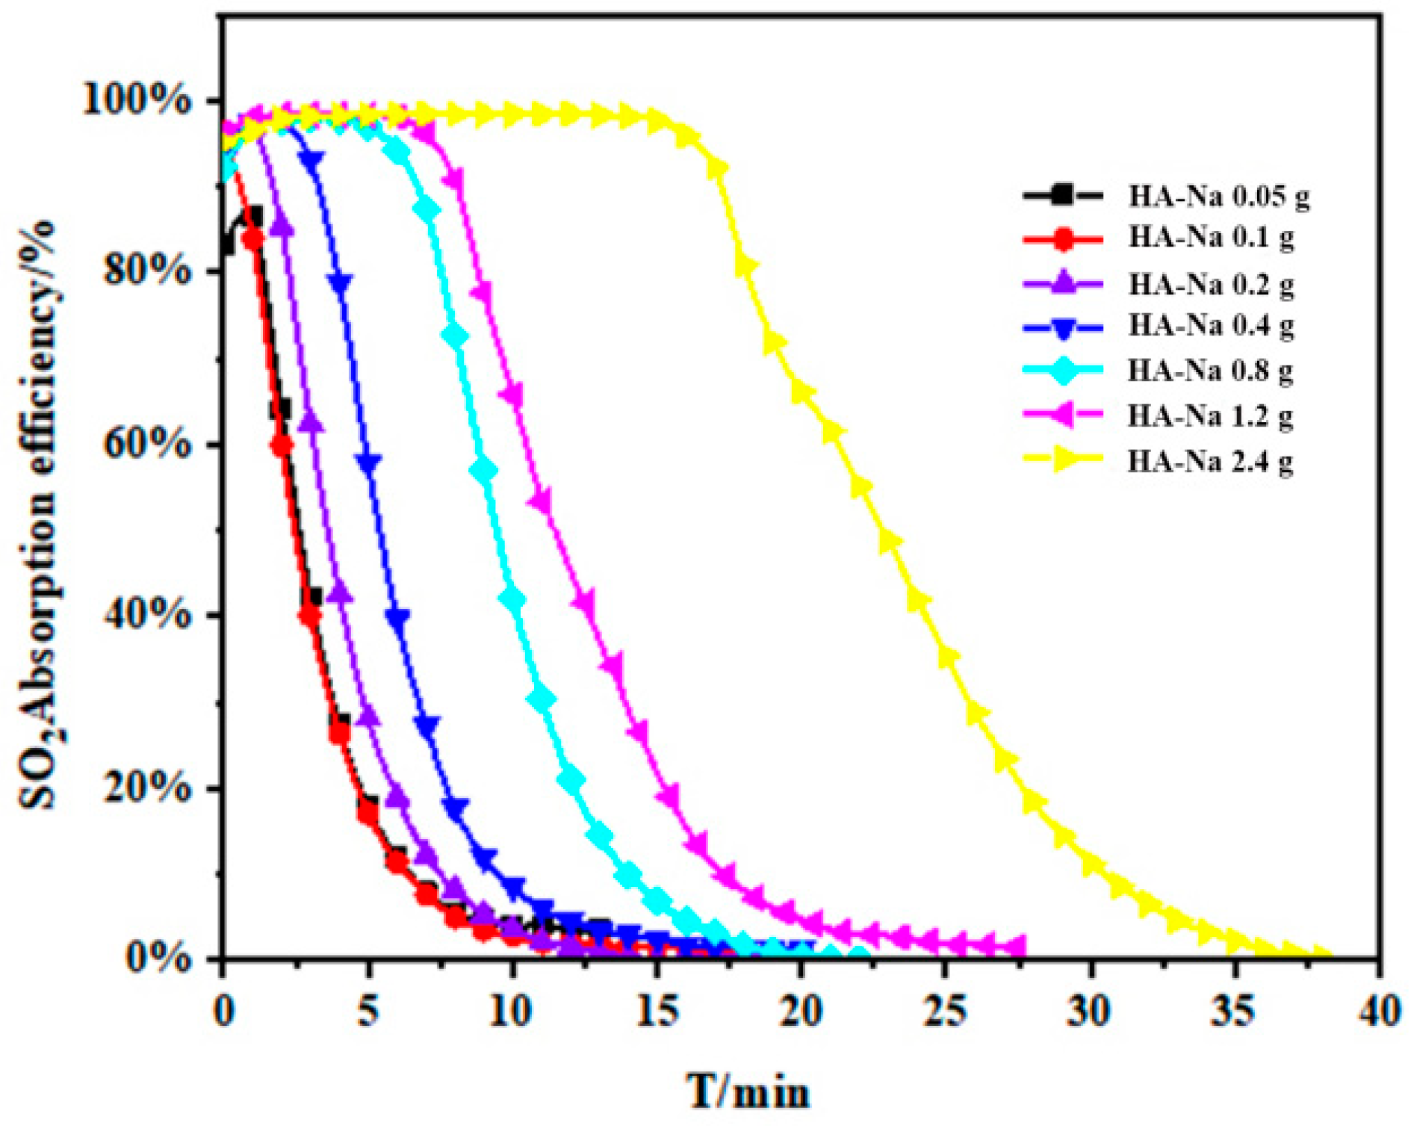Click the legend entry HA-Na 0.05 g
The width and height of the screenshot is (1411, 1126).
pyautogui.click(x=1218, y=197)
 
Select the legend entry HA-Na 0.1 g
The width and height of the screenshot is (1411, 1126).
pyautogui.click(x=1211, y=238)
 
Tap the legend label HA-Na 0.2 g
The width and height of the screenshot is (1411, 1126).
pyautogui.click(x=1211, y=284)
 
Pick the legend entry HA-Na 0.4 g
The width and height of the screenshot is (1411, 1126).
pyautogui.click(x=1211, y=326)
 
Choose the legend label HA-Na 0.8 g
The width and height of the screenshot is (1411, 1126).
pyautogui.click(x=1211, y=371)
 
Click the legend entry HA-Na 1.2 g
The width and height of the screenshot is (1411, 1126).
pyautogui.click(x=1211, y=415)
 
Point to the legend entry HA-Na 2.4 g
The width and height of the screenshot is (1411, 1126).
pyautogui.click(x=1211, y=462)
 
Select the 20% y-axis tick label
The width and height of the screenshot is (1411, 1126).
pyautogui.click(x=146, y=788)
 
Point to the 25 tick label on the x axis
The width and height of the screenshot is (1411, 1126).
pyautogui.click(x=945, y=1012)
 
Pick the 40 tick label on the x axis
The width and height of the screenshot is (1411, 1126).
pyautogui.click(x=1379, y=1012)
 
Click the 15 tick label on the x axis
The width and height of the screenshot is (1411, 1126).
pyautogui.click(x=656, y=1012)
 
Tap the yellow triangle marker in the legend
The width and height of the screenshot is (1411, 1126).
pyautogui.click(x=1064, y=462)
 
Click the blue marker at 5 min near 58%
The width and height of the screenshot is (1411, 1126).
pyautogui.click(x=368, y=462)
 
